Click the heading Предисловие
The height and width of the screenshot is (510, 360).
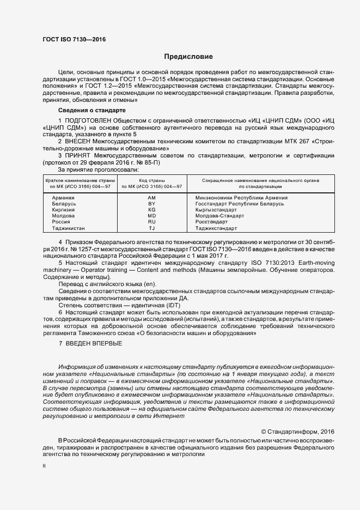(x=188, y=57)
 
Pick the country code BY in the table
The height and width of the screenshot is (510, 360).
(x=151, y=204)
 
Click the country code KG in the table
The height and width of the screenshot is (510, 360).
(x=151, y=210)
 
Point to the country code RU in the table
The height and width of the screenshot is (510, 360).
(x=151, y=222)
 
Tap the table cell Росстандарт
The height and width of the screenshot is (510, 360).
(x=212, y=222)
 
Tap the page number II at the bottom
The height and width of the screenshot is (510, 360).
(x=44, y=466)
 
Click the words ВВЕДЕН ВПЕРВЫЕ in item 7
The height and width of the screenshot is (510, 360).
(x=94, y=343)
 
